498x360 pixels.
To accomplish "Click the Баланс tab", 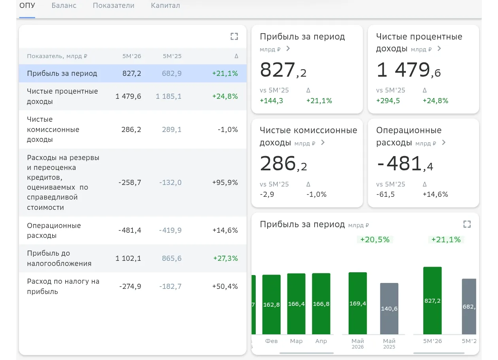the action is (x=64, y=5).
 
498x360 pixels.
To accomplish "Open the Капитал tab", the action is (x=165, y=5).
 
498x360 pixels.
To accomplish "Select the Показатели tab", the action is (x=113, y=5).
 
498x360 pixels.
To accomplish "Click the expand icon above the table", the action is (x=234, y=36).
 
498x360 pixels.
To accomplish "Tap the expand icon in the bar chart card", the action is (x=467, y=224).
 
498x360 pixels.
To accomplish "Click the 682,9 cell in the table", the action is (x=172, y=74).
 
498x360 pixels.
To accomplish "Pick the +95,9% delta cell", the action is (x=225, y=183).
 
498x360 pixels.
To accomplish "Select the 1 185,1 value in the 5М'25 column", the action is (x=168, y=96).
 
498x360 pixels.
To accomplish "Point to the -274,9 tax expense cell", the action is (x=130, y=286).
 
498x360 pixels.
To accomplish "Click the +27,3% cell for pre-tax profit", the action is (x=225, y=258).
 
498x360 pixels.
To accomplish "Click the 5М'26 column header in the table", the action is (x=132, y=56).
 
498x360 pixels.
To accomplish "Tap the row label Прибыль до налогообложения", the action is (x=59, y=258).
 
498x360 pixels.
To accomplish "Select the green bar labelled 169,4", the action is (x=358, y=303).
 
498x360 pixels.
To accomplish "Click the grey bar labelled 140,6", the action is (x=389, y=309).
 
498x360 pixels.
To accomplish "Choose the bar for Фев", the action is (x=272, y=304).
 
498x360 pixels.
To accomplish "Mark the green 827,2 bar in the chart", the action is (x=432, y=300).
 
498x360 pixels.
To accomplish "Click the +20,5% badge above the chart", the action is (x=375, y=239).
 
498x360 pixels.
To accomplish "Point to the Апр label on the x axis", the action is (x=321, y=341).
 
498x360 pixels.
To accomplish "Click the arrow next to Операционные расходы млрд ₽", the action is (x=443, y=142).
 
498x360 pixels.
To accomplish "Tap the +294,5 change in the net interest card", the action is (x=388, y=101).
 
